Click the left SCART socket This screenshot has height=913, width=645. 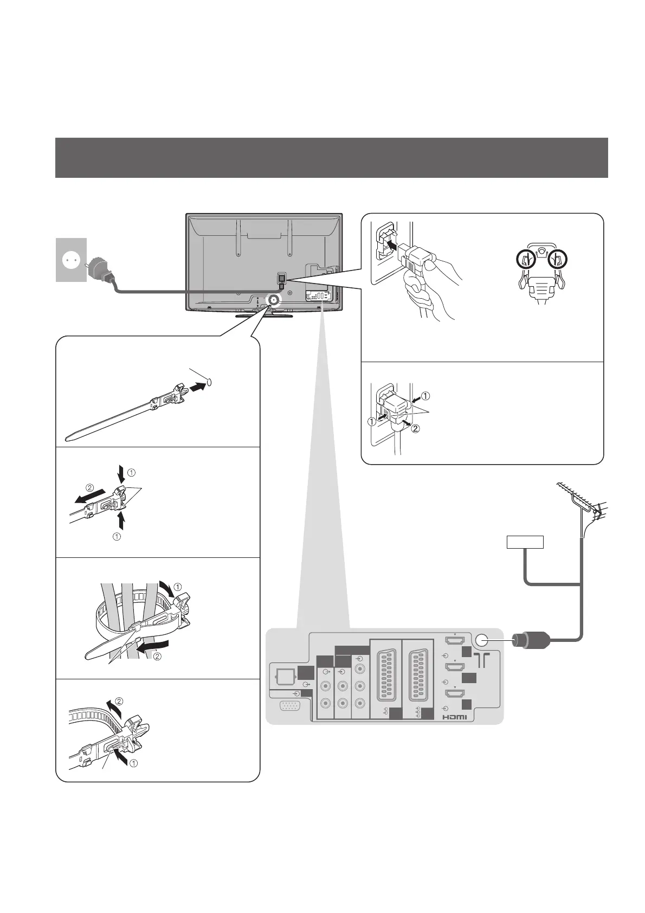(386, 677)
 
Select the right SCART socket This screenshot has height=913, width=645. (417, 677)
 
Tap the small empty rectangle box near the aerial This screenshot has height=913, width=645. (525, 542)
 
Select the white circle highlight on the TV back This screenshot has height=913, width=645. (273, 300)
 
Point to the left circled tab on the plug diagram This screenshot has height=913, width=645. (520, 261)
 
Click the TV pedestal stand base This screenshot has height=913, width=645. (264, 314)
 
